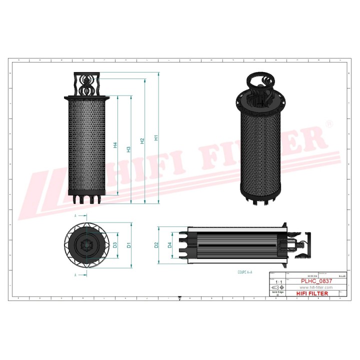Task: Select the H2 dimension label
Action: (x=143, y=141)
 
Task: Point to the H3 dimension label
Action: (x=129, y=149)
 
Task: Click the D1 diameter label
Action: (x=129, y=245)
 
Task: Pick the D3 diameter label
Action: (x=115, y=245)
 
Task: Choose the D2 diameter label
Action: (x=156, y=245)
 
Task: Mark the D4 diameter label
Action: (x=170, y=245)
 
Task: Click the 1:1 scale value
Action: (x=278, y=282)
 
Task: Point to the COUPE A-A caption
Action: (x=245, y=272)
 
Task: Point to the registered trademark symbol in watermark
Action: (x=329, y=123)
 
